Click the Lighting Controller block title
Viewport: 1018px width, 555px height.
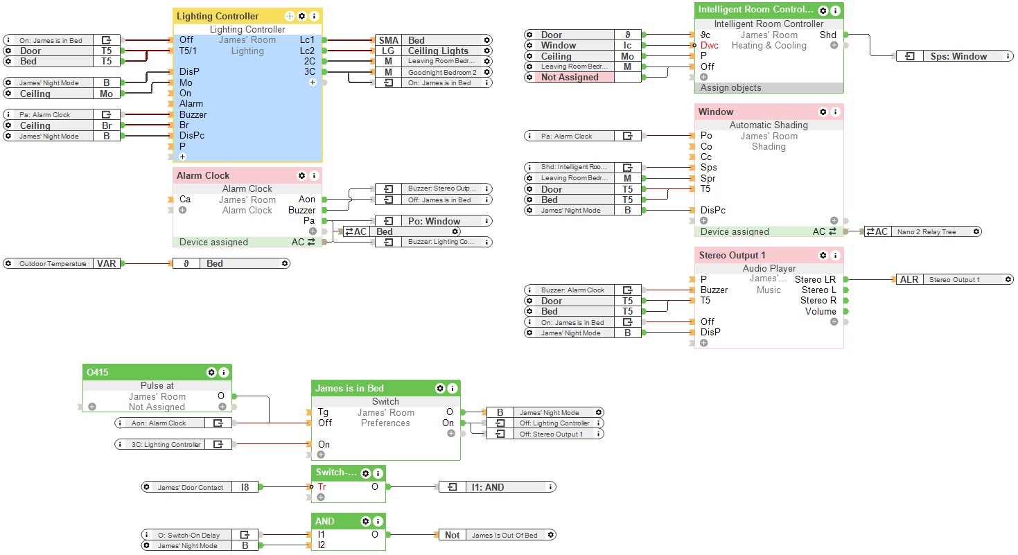coord(218,16)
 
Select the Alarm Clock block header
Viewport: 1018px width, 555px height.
coord(203,175)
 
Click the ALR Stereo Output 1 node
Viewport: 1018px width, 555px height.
coord(953,279)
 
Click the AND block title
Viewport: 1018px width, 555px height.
coord(324,521)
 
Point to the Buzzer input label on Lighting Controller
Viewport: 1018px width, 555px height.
coord(193,114)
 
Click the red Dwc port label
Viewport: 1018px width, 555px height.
coord(710,45)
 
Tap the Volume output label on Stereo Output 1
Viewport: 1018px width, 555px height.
coord(820,311)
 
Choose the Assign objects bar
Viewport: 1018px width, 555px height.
coord(730,88)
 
